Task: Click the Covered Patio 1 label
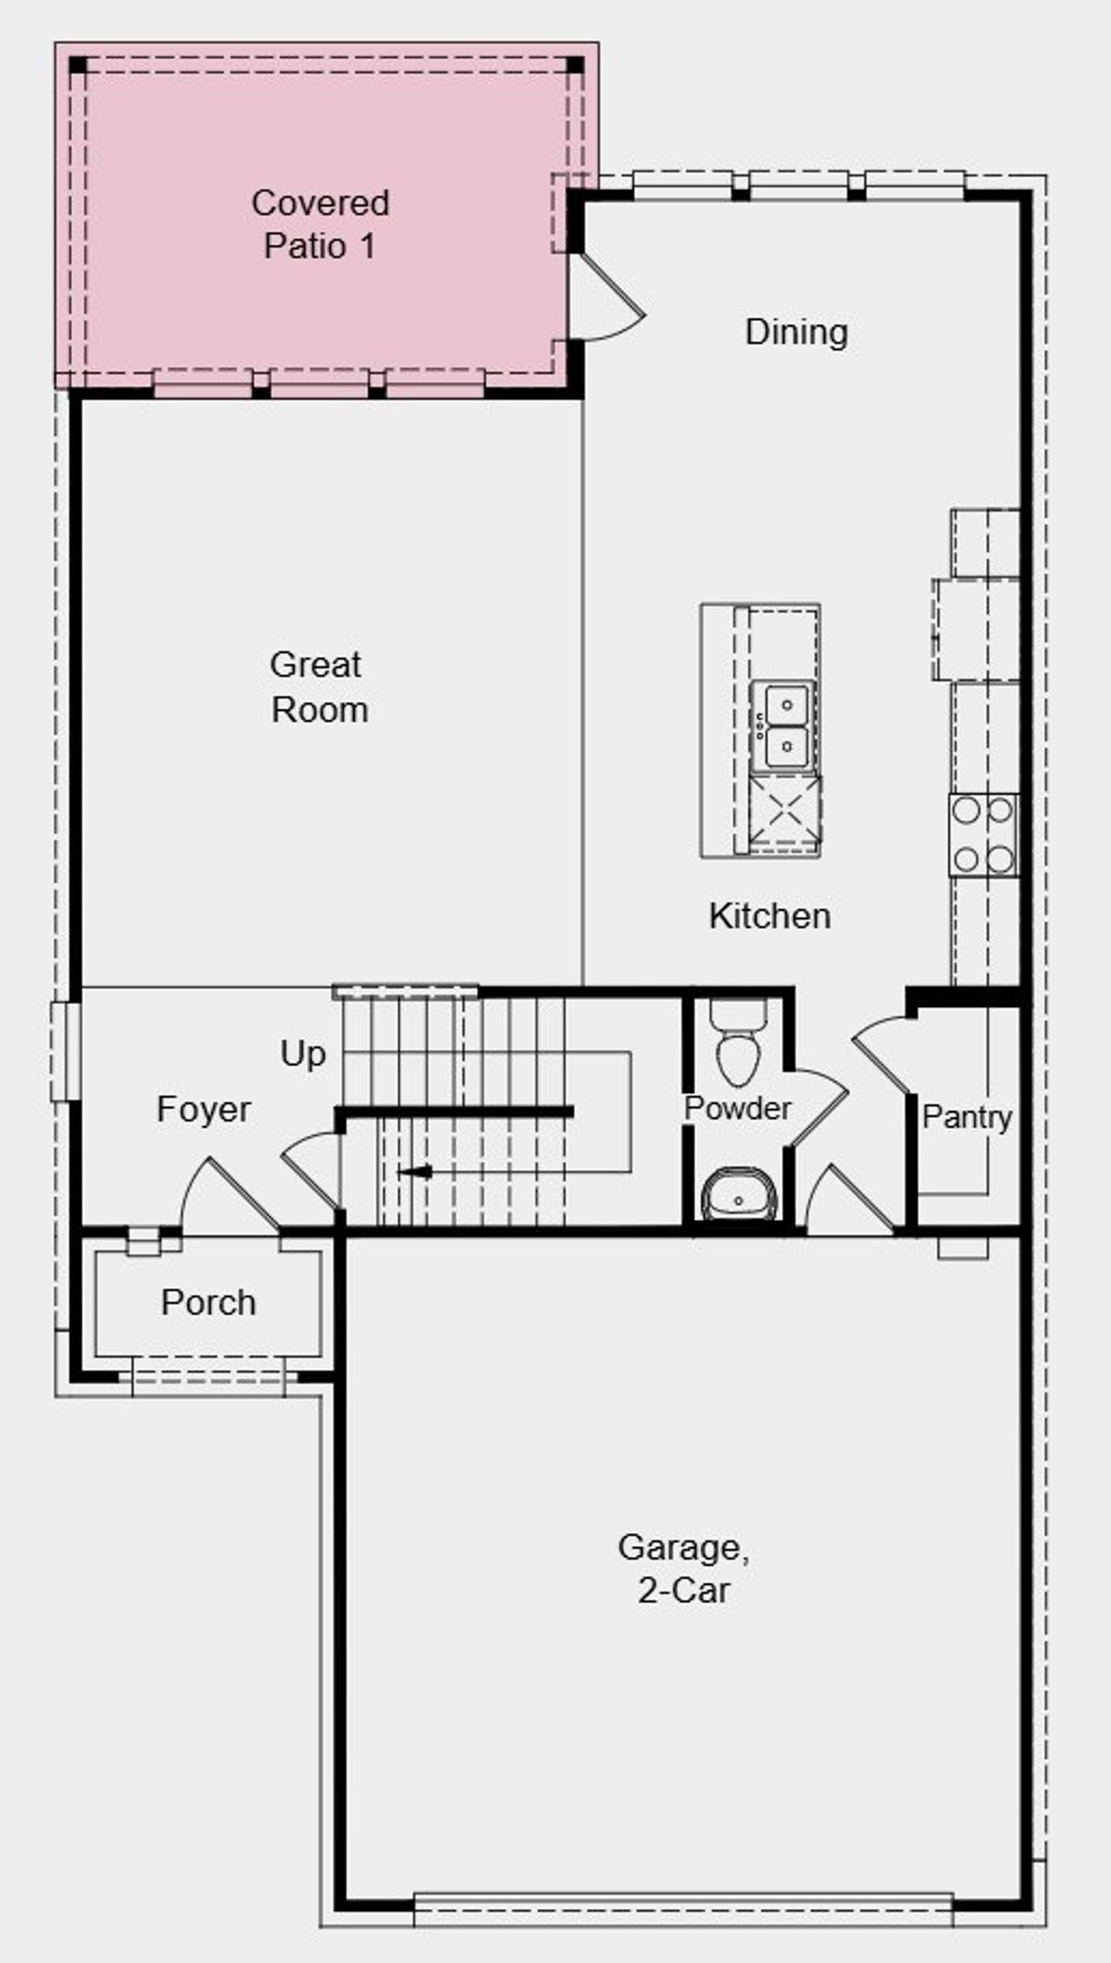(319, 224)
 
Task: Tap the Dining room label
(796, 332)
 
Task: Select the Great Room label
(319, 687)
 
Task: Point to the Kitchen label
(769, 916)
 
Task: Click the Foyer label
(203, 1109)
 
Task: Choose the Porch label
(208, 1303)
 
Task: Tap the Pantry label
(967, 1117)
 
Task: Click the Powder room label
(737, 1109)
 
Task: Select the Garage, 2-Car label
(683, 1568)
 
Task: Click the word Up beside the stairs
(303, 1054)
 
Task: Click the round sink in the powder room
(739, 1195)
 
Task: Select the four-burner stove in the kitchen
(983, 834)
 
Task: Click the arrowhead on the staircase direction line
(416, 1172)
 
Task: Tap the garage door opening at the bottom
(683, 1907)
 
